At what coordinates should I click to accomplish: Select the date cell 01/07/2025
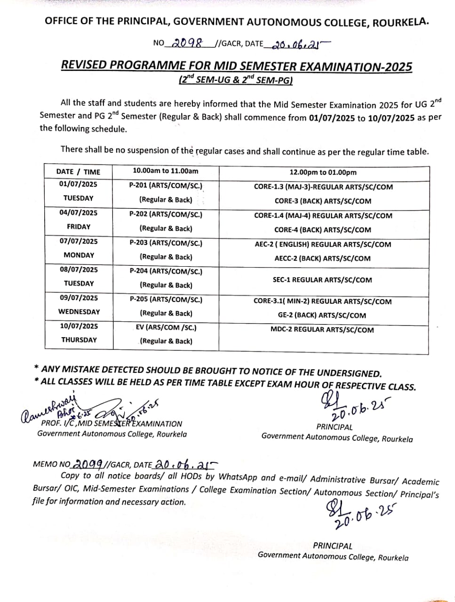pyautogui.click(x=79, y=184)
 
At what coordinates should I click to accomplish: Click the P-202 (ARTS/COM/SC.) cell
pyautogui.click(x=166, y=214)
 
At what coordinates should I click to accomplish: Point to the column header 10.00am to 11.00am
pyautogui.click(x=166, y=171)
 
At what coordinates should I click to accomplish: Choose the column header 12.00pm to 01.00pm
pyautogui.click(x=323, y=173)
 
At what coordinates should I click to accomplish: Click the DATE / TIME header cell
pyautogui.click(x=78, y=172)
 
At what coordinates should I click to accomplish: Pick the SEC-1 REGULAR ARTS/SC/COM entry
pyautogui.click(x=322, y=280)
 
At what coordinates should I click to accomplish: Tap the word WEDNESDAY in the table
pyautogui.click(x=79, y=311)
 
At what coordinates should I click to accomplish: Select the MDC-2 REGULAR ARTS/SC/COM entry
pyautogui.click(x=322, y=330)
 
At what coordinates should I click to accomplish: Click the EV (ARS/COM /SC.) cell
pyautogui.click(x=166, y=327)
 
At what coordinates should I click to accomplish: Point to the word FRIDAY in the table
pyautogui.click(x=79, y=227)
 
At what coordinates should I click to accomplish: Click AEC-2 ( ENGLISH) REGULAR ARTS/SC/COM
pyautogui.click(x=322, y=245)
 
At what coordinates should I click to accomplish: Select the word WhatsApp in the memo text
pyautogui.click(x=238, y=477)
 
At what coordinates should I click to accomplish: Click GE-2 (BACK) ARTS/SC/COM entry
pyautogui.click(x=322, y=316)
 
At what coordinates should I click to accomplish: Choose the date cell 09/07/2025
pyautogui.click(x=79, y=298)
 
